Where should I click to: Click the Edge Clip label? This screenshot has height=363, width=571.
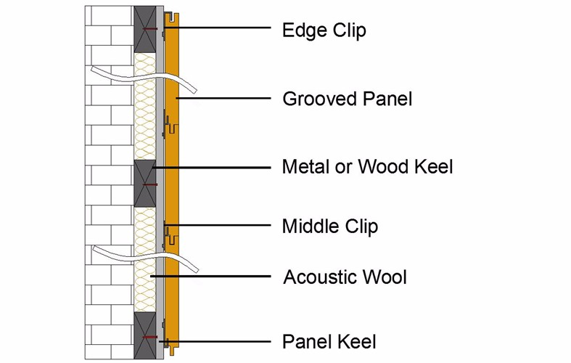324,30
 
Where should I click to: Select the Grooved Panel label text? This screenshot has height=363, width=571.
347,99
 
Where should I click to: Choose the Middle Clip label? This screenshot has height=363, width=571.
329,227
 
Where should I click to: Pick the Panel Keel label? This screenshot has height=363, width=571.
329,341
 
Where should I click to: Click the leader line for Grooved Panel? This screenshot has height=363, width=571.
225,97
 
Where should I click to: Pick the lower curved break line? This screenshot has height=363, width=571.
145,256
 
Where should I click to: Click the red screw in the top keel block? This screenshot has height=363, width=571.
149,29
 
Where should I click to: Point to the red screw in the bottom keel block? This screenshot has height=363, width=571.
149,338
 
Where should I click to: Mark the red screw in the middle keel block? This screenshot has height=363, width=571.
149,184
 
